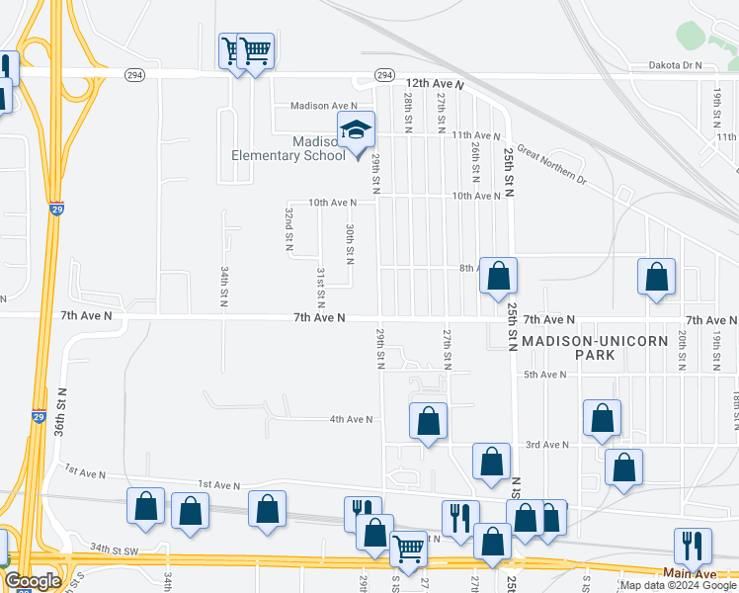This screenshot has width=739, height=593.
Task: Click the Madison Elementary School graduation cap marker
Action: (357, 130)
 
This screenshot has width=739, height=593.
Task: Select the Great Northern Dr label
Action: (551, 167)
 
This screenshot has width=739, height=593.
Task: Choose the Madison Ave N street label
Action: (323, 106)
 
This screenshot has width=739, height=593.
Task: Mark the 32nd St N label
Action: (289, 227)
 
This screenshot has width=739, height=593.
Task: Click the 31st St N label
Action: (321, 284)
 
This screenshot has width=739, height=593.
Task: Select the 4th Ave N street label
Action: (351, 419)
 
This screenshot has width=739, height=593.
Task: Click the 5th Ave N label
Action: (544, 375)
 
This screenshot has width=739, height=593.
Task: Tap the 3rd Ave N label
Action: (546, 445)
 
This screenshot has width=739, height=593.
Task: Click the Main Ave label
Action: (689, 573)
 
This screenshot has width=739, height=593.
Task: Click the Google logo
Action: (33, 581)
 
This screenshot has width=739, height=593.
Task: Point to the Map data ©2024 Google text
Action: (678, 585)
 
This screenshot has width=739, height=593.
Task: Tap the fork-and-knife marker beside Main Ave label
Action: (692, 546)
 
